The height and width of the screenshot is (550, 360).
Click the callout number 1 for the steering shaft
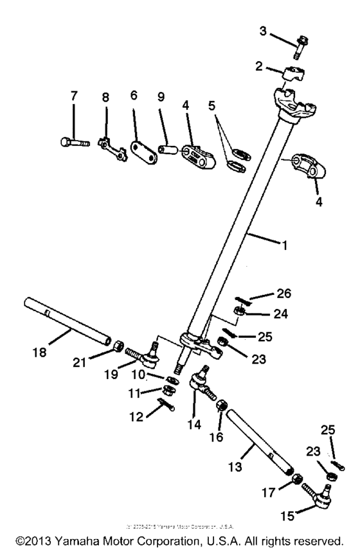[279, 245]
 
